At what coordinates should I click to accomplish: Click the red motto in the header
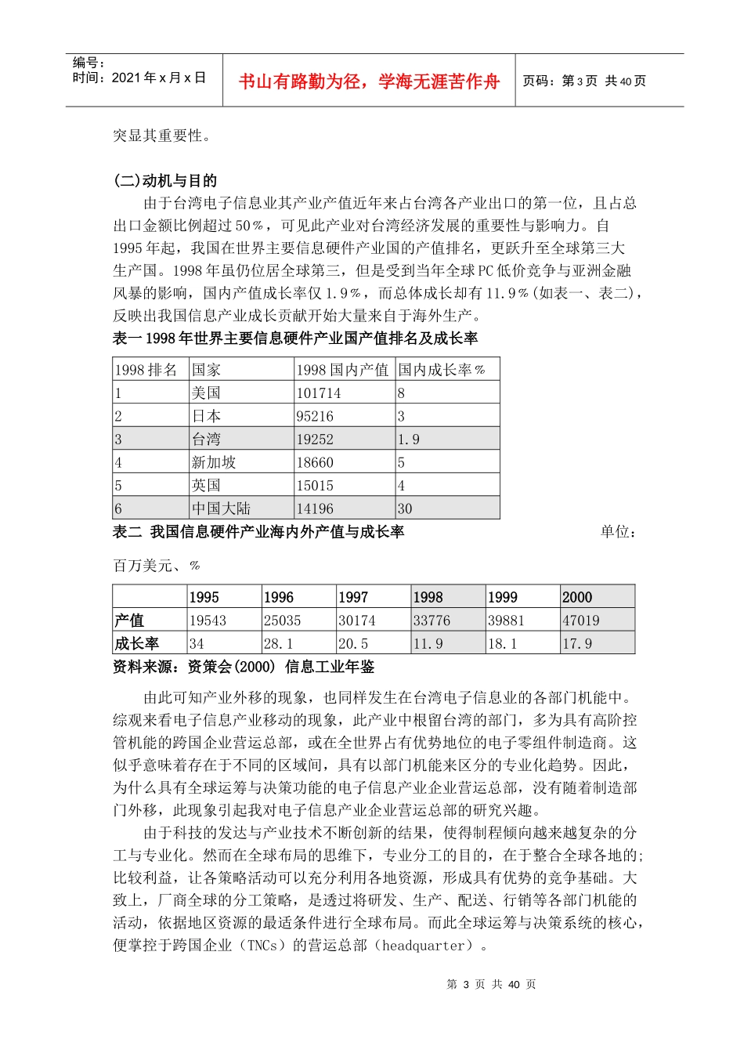click(369, 81)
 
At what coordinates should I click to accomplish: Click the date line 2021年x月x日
click(139, 78)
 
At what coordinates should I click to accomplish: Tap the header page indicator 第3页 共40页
click(584, 81)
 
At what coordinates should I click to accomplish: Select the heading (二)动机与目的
click(165, 181)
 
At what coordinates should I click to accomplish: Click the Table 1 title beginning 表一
click(295, 338)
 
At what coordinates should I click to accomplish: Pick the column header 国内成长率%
click(442, 370)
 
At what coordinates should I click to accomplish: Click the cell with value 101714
click(319, 393)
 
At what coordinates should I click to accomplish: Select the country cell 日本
click(207, 416)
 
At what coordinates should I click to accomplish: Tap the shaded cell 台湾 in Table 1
click(207, 440)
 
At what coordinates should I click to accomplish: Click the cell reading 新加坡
click(214, 462)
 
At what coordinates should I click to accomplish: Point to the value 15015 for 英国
click(315, 486)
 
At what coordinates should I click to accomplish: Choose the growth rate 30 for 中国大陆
click(405, 508)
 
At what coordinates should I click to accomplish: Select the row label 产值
click(129, 621)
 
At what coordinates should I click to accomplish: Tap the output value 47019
click(581, 621)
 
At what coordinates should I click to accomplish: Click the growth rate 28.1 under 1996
click(279, 643)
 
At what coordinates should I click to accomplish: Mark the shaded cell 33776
click(432, 621)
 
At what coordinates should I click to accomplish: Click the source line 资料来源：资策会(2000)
click(244, 667)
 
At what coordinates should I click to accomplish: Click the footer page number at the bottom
click(491, 984)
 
